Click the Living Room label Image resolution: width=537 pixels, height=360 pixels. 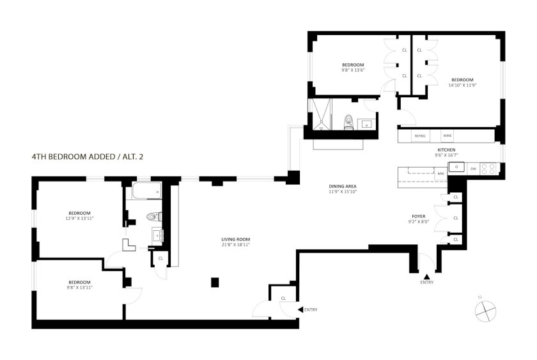point(236,239)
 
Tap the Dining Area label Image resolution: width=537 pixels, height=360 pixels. point(343,186)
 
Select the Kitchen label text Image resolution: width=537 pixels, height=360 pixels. point(446,150)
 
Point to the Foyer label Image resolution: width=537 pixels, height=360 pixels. point(419,217)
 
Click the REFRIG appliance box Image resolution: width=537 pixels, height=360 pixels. point(420,136)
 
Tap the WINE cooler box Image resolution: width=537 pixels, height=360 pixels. point(447,136)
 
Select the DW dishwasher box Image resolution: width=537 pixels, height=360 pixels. point(473,169)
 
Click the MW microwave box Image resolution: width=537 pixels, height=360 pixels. point(440,174)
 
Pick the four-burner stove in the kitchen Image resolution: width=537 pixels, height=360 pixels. point(488,169)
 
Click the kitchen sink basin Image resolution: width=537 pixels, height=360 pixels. point(456,167)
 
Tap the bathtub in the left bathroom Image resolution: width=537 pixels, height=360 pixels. point(147,190)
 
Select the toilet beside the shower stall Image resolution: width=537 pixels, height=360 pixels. point(348,122)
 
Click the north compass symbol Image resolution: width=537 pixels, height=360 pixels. point(486,311)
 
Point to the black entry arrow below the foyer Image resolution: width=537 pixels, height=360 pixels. point(427,276)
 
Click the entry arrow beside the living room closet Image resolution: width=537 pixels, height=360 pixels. point(300,309)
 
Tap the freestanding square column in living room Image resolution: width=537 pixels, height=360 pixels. point(215,282)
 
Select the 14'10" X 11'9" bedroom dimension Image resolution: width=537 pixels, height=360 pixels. point(462,85)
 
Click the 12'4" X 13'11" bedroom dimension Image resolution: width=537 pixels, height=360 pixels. point(79,218)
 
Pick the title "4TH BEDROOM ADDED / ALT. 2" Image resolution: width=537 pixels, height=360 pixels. point(88,157)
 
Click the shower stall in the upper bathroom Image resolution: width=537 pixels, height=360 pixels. point(320,114)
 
